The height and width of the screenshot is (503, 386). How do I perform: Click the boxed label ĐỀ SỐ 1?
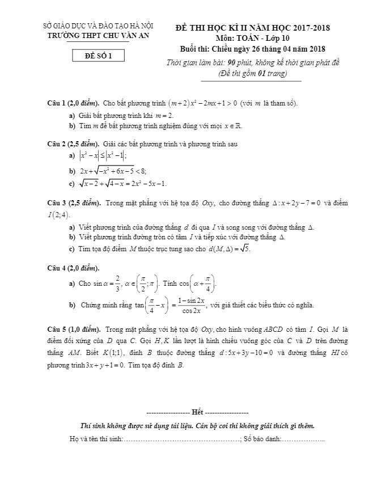click(x=99, y=56)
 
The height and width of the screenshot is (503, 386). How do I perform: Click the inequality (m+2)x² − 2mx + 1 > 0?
click(x=201, y=103)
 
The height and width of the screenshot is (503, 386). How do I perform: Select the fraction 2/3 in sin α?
click(x=117, y=282)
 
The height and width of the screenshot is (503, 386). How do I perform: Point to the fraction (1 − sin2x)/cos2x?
click(x=190, y=305)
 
